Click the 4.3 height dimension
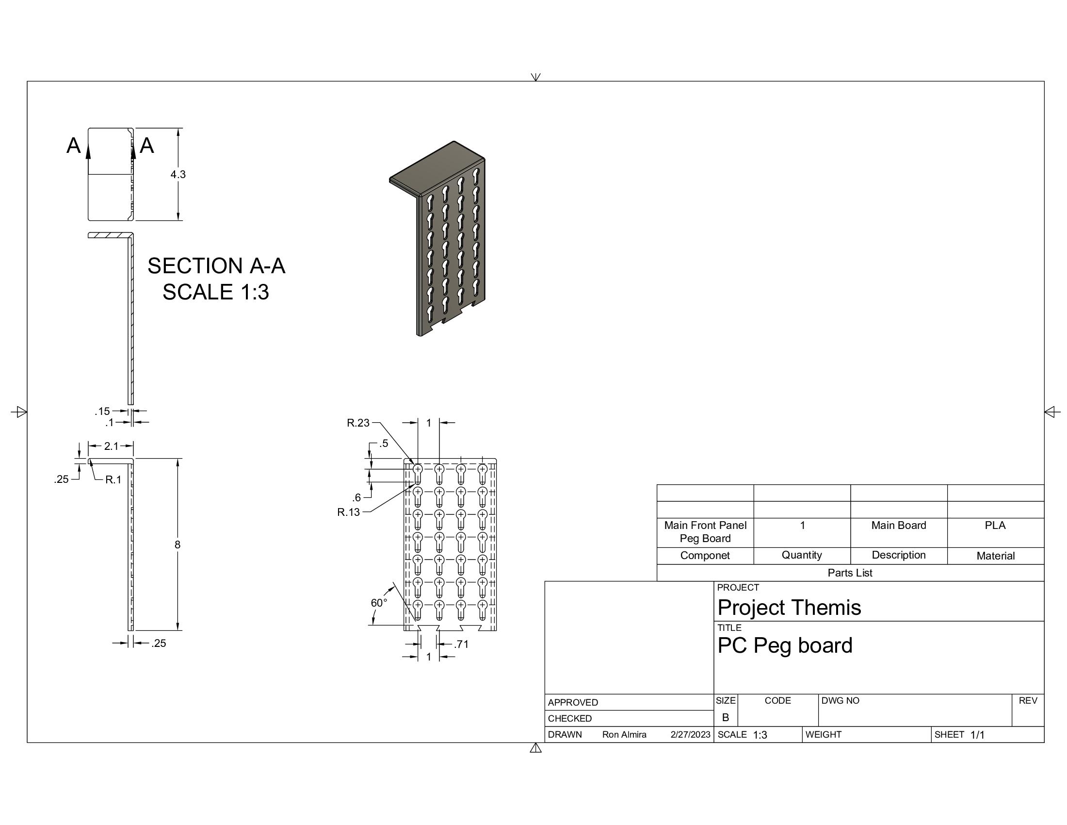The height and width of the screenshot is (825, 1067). [178, 175]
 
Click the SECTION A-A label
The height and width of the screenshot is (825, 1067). [216, 266]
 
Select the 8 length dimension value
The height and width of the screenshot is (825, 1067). [178, 544]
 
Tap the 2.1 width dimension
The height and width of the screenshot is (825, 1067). [111, 445]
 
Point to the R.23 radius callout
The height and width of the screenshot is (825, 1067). [357, 423]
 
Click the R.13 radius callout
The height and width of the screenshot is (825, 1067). [348, 512]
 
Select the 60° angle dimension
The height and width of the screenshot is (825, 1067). [379, 603]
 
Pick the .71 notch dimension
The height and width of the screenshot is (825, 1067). [461, 644]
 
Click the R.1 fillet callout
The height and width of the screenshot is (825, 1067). [113, 479]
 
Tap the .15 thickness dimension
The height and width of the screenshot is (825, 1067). [102, 411]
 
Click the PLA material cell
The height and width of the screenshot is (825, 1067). [995, 526]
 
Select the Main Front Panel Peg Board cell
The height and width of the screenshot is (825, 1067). [705, 532]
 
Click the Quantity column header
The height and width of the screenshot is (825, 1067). [801, 555]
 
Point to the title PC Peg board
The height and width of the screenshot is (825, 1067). [785, 645]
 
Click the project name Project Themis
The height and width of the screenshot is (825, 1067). [789, 608]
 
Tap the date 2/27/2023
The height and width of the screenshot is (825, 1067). [690, 735]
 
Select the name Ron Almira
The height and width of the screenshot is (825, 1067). [624, 735]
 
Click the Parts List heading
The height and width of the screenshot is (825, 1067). [850, 573]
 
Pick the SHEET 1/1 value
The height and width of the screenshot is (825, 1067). [977, 735]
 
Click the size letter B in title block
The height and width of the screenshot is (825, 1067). [726, 717]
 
